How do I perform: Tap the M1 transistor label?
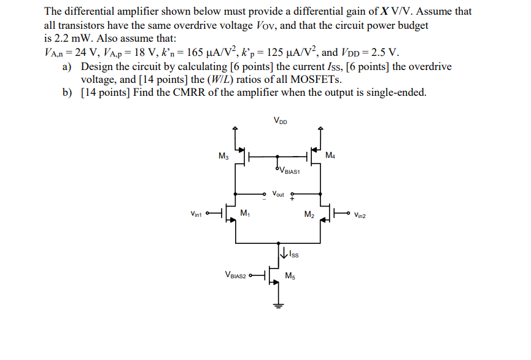coord(245,213)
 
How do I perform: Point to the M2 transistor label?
coord(309,214)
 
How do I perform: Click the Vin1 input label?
coord(197,214)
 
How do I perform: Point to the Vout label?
coord(277,194)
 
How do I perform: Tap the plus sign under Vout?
coord(292,199)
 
